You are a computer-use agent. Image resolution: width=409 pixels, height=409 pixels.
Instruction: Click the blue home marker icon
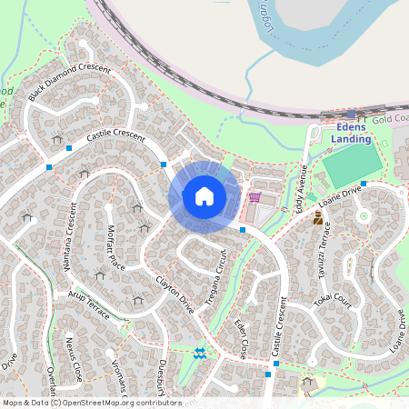[204, 196]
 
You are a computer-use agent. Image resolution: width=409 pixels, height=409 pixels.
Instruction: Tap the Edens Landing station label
[350, 134]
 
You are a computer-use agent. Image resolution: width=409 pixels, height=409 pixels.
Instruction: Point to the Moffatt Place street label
[115, 247]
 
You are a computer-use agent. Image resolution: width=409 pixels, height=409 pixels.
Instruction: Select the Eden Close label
[240, 339]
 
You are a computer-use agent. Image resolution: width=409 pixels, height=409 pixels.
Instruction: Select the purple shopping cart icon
[254, 196]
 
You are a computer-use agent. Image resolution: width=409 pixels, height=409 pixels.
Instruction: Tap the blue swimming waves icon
[200, 352]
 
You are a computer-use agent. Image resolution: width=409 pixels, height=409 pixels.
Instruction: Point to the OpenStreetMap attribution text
[91, 403]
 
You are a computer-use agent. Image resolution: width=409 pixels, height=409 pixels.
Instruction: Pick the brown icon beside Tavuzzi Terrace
[318, 218]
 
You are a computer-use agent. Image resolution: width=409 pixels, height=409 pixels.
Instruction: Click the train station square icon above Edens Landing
[351, 115]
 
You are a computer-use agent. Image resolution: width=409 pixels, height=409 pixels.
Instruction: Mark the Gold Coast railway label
[391, 119]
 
